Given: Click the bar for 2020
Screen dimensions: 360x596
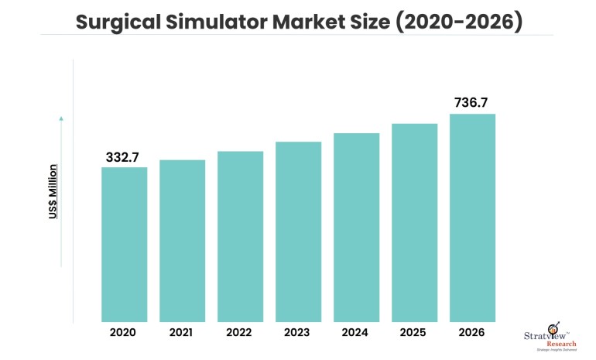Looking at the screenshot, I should pos(124,244).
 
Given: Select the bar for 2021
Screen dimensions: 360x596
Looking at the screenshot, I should pos(182,240).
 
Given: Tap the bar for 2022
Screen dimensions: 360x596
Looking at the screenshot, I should pos(240,236).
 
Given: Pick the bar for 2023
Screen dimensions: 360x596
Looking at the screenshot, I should pos(298,231).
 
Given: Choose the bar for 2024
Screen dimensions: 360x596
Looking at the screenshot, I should pos(356,227).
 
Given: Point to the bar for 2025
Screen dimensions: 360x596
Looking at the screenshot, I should pos(414,222).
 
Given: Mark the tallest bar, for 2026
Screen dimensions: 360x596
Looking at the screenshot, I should pos(472,218).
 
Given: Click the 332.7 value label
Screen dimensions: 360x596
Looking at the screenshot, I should pos(122,157).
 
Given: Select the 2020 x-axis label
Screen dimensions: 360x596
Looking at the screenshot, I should pos(124,332).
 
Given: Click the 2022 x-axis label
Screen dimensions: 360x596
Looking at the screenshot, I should pos(240,332).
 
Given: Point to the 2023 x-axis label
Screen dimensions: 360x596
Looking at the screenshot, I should pos(298,332).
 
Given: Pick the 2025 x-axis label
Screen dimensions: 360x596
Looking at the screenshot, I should pos(414,332).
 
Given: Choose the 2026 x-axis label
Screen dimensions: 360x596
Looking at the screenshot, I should pos(472,332).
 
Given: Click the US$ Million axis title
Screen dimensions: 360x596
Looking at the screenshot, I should pos(53,191).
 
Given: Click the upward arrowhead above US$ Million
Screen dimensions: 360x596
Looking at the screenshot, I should pos(61,118).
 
